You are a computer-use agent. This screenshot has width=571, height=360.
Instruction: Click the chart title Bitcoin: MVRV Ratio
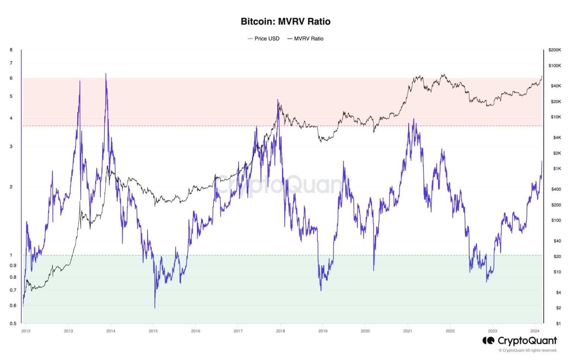[285, 22]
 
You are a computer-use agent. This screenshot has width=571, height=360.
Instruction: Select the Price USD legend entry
[264, 39]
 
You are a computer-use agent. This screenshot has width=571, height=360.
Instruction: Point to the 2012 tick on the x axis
[26, 331]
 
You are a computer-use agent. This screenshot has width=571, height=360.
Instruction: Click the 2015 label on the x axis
[153, 331]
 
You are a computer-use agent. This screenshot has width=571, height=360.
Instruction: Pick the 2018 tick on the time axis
[281, 331]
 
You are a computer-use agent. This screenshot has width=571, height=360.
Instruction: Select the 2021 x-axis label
[408, 331]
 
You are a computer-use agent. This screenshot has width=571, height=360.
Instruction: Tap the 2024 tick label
[535, 331]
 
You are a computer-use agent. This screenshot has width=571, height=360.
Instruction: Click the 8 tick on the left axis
[11, 50]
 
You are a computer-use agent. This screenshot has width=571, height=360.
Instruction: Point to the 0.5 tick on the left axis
[13, 324]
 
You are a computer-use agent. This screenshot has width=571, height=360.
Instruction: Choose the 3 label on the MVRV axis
[11, 147]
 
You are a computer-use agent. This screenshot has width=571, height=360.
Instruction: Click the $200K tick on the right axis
[555, 50]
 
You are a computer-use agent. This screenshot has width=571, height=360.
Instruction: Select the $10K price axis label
[556, 117]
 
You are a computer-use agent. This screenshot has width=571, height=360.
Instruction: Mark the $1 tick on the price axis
[558, 324]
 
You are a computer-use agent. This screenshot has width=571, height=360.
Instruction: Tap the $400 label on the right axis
[556, 189]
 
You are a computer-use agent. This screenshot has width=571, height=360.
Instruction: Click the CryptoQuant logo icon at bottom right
[488, 341]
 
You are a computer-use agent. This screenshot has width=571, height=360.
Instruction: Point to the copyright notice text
[528, 350]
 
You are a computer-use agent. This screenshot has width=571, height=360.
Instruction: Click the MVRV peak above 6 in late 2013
[106, 74]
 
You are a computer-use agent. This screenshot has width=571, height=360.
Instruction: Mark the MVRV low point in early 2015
[155, 308]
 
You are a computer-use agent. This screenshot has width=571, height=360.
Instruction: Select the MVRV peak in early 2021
[414, 119]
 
